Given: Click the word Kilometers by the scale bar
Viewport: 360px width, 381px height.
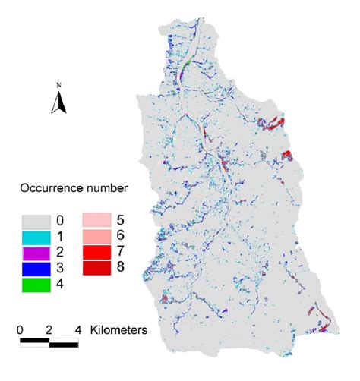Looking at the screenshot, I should [x=118, y=330].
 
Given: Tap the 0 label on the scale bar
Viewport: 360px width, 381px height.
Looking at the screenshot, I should [x=21, y=330].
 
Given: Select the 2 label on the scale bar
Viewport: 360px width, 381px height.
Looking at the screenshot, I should [x=50, y=330].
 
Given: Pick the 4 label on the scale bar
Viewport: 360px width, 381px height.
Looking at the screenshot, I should [x=78, y=330].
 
